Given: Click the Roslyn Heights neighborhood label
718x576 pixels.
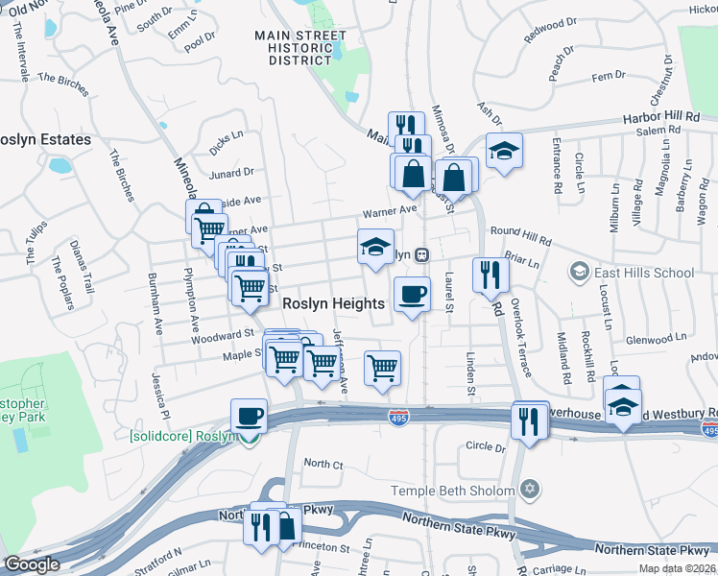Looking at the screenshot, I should [334, 303].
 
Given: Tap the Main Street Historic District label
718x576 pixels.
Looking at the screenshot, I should [300, 47].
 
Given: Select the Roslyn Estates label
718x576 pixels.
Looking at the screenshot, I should [44, 139].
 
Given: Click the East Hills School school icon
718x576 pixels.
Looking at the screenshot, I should [579, 273].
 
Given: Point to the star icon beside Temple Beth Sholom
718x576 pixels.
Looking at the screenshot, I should [525, 491].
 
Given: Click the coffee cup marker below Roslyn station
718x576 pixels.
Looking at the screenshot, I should [413, 294].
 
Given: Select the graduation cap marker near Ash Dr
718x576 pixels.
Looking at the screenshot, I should [503, 151].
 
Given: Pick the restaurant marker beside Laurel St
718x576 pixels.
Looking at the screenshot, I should [491, 274].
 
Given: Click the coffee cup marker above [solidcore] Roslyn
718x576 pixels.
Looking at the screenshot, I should [249, 416].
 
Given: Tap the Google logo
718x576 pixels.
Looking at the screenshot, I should [32, 564].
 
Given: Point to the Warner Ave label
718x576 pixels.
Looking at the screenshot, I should [389, 210].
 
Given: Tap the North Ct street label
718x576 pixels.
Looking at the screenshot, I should [323, 464].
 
